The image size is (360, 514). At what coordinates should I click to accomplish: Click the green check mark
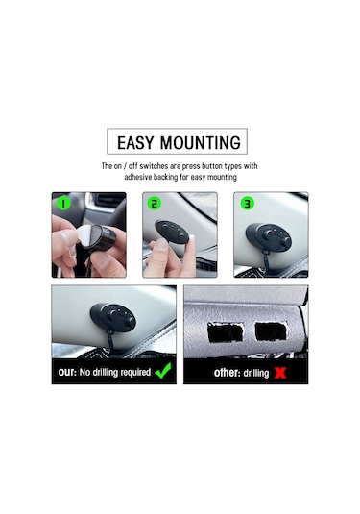click(164, 370)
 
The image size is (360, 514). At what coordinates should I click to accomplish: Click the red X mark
click(281, 371)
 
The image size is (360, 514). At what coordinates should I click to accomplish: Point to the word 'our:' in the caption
click(67, 371)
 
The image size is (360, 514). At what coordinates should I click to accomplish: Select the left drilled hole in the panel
click(225, 332)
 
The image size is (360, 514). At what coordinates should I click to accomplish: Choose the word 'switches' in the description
click(166, 166)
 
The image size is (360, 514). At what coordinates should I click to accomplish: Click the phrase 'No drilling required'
click(115, 371)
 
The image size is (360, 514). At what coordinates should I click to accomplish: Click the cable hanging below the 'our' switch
click(113, 344)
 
